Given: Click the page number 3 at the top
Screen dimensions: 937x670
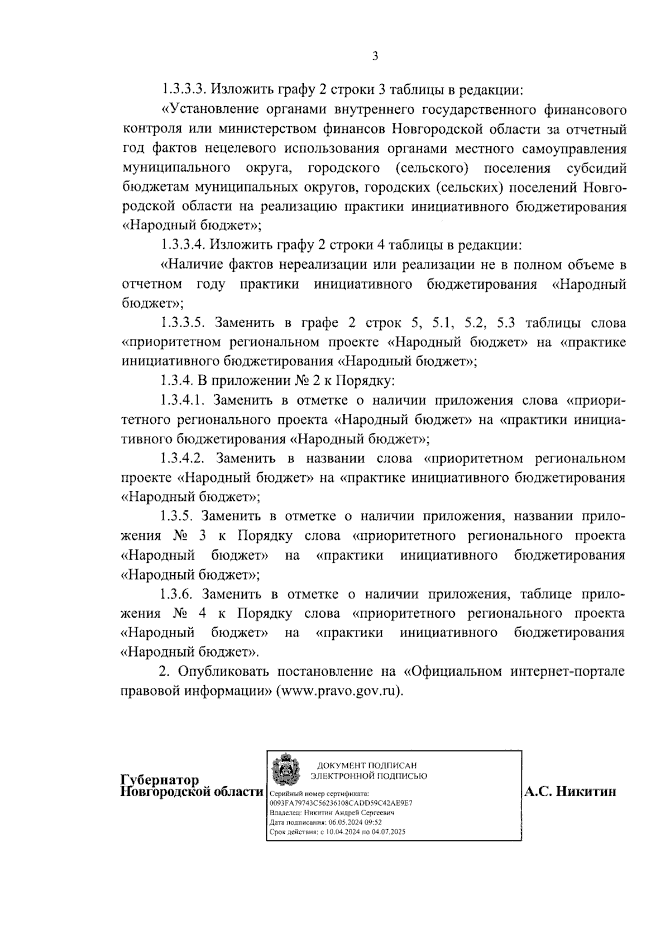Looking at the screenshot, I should (x=376, y=56).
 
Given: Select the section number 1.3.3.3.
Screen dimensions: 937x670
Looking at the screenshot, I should (x=184, y=89).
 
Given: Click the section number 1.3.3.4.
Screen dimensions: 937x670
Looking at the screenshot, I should (x=184, y=245).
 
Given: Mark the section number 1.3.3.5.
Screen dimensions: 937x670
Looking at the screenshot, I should (x=184, y=323).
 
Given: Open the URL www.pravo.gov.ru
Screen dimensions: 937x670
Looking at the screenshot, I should (x=339, y=691).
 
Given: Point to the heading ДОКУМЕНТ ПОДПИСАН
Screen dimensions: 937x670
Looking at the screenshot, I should (x=367, y=766).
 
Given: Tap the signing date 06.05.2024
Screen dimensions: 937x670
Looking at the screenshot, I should (x=347, y=822).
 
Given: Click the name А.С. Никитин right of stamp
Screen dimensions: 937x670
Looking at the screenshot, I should (x=570, y=791).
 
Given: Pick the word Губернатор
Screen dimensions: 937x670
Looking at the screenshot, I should (x=160, y=780).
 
